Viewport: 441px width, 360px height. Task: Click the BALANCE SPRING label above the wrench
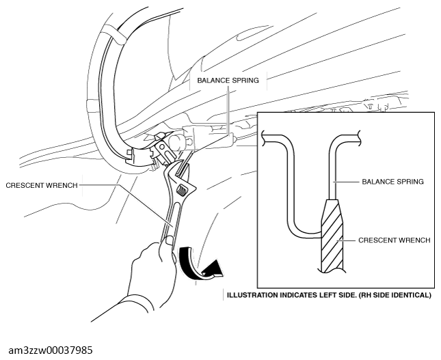228,81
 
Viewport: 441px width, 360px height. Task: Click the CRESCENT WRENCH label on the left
42,186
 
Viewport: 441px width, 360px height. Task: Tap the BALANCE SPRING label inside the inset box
392,182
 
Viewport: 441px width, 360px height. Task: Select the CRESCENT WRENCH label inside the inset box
395,240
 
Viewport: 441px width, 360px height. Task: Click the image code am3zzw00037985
51,350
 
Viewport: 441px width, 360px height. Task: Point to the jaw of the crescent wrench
180,171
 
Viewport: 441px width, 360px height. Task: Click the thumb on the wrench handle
170,241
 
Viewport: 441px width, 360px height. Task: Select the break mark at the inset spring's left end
264,138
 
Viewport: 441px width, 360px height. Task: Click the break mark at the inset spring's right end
360,138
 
